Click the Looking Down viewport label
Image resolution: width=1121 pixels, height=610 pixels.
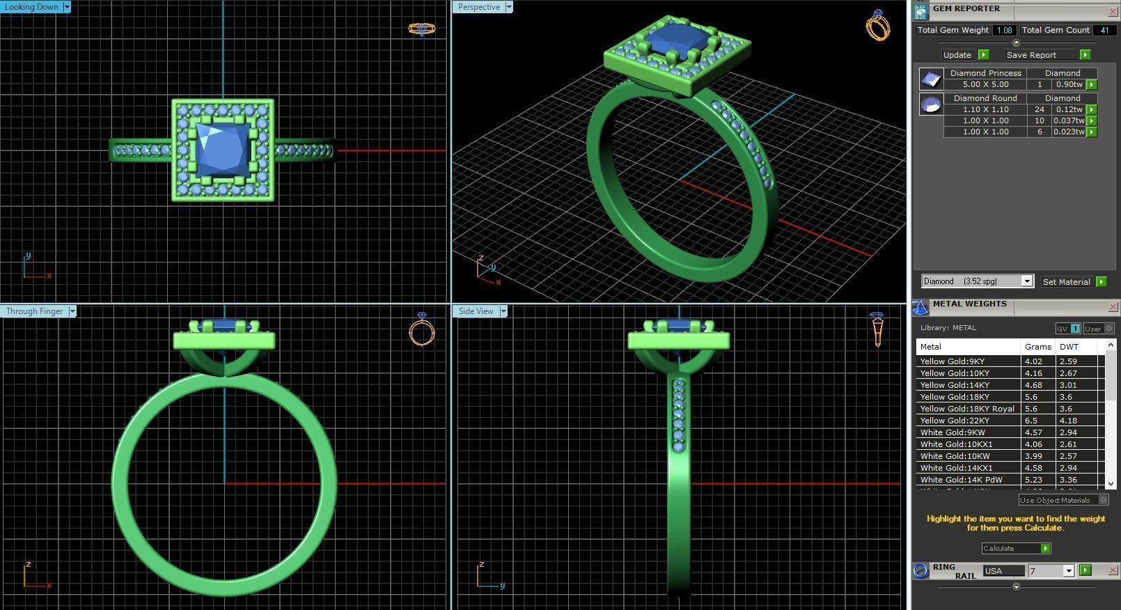pyautogui.click(x=32, y=7)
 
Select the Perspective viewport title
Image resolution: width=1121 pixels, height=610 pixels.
pyautogui.click(x=479, y=7)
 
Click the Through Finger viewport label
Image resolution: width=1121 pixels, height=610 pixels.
pyautogui.click(x=35, y=311)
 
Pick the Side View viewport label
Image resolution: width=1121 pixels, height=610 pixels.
pyautogui.click(x=476, y=311)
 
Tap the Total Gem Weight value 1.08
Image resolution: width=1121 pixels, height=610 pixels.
pyautogui.click(x=1003, y=30)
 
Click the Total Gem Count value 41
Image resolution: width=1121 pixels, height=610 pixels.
pyautogui.click(x=1104, y=30)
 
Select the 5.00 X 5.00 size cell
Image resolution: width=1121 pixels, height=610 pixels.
pyautogui.click(x=985, y=84)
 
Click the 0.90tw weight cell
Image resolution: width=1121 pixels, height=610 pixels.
pyautogui.click(x=1069, y=84)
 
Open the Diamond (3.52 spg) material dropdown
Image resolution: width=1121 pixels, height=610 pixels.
pyautogui.click(x=1026, y=281)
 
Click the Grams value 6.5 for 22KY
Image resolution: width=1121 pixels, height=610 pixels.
pyautogui.click(x=1031, y=421)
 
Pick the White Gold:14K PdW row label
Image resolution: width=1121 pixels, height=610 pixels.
pyautogui.click(x=961, y=480)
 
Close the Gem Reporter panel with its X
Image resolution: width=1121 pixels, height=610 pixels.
pyautogui.click(x=1113, y=12)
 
